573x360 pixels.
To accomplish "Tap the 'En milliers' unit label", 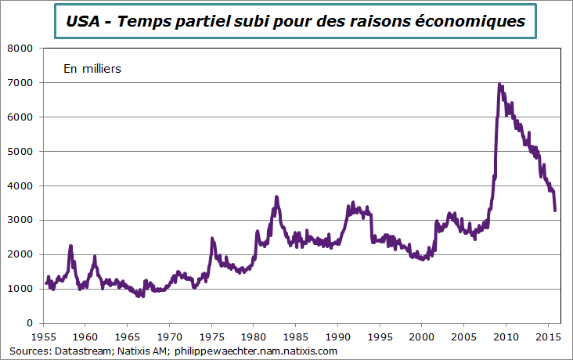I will (92, 69).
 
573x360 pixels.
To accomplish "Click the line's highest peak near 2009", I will (499, 85).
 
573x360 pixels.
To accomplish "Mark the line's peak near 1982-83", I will (276, 196).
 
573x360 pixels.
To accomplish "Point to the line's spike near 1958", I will (70, 246).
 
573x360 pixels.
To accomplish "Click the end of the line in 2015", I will (555, 210).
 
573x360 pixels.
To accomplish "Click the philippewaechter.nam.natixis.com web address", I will (255, 351).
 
